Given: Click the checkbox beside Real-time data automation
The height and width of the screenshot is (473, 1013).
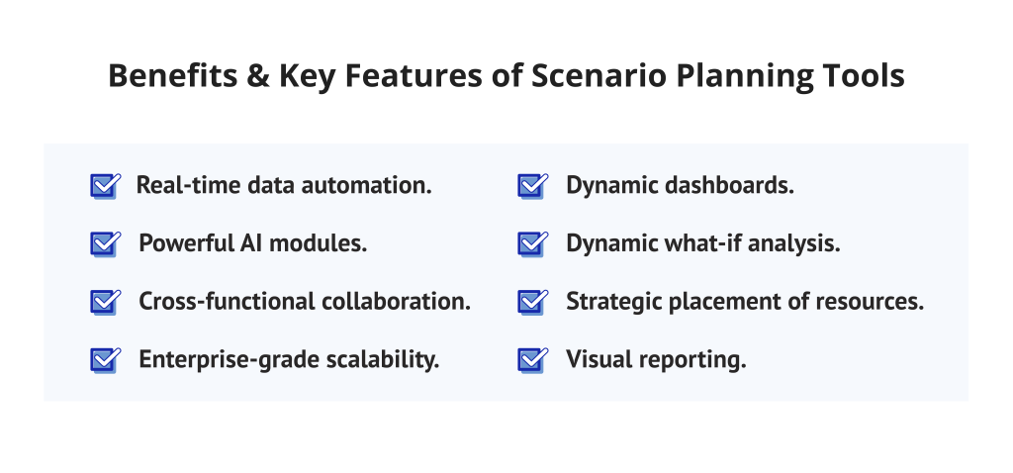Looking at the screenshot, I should click(x=104, y=185).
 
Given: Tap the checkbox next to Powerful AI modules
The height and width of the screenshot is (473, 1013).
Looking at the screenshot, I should click(x=104, y=243).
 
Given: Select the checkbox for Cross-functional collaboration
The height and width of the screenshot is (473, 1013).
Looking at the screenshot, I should click(x=104, y=302).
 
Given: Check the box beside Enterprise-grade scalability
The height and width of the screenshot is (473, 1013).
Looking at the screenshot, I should click(x=104, y=360).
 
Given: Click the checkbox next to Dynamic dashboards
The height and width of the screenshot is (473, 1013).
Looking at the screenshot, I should click(x=532, y=185).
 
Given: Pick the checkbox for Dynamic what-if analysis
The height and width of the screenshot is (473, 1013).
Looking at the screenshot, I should click(x=532, y=243).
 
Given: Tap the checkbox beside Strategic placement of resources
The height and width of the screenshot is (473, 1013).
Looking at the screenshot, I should click(x=532, y=302).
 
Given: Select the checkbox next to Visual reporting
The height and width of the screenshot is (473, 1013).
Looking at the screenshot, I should click(x=532, y=360).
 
